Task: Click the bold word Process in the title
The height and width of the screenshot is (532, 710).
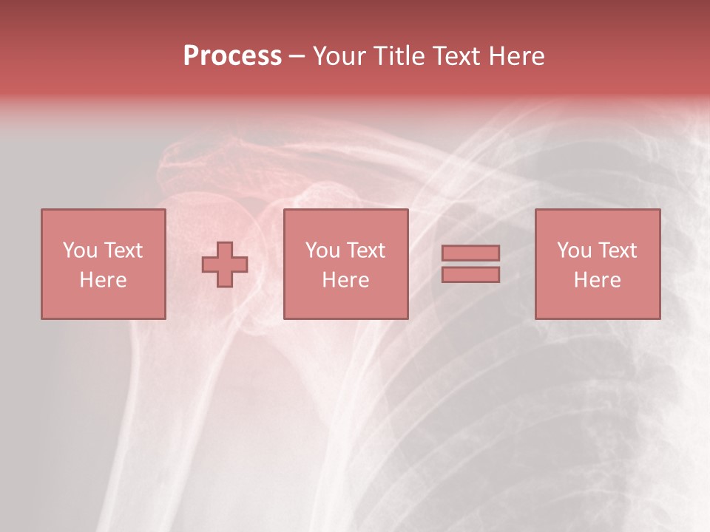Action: pyautogui.click(x=232, y=56)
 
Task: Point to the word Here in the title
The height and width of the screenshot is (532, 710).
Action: pyautogui.click(x=516, y=56)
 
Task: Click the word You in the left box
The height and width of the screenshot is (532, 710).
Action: pyautogui.click(x=80, y=250)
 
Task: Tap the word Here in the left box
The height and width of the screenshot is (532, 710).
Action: pyautogui.click(x=103, y=280)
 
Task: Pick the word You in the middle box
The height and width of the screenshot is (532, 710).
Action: pyautogui.click(x=322, y=250)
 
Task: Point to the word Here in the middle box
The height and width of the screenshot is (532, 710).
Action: pyautogui.click(x=345, y=280)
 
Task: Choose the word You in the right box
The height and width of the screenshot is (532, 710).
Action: pyautogui.click(x=574, y=250)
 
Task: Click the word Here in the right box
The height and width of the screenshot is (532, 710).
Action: pyautogui.click(x=597, y=280)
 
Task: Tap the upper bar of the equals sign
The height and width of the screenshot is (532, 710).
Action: pyautogui.click(x=470, y=253)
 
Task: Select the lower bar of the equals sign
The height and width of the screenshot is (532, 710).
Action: pyautogui.click(x=470, y=275)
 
